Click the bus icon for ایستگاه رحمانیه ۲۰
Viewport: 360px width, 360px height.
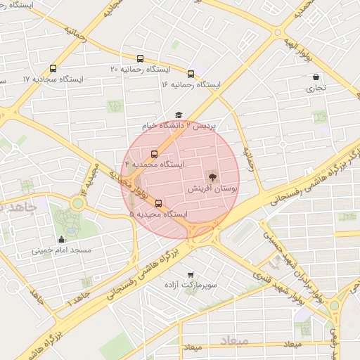click(x=140, y=59)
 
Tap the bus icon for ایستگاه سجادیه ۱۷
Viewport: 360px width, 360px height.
click(x=53, y=69)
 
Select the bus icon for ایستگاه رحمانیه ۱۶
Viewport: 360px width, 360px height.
click(x=191, y=74)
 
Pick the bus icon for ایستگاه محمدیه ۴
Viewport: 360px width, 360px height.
click(x=154, y=154)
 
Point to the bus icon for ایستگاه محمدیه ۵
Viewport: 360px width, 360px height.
click(x=157, y=204)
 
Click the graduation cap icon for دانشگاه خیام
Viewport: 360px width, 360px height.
click(x=179, y=115)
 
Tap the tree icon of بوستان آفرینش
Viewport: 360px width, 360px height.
click(x=212, y=176)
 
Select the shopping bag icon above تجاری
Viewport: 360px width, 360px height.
click(x=316, y=77)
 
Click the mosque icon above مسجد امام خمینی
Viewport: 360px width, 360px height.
click(x=61, y=239)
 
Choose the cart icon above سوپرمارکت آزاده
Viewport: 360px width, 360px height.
click(x=191, y=274)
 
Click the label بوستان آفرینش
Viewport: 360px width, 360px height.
click(x=213, y=190)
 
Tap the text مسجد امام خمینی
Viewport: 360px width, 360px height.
click(x=61, y=250)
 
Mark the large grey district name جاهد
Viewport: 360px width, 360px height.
click(x=18, y=207)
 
